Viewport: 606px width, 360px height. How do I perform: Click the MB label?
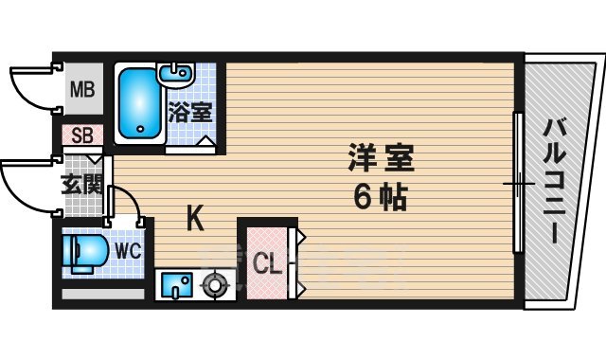81,92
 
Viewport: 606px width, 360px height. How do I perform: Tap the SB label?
81,135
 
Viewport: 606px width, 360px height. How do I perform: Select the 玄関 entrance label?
81,184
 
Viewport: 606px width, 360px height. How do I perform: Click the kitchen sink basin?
177,283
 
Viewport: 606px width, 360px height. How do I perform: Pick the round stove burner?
216,283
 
